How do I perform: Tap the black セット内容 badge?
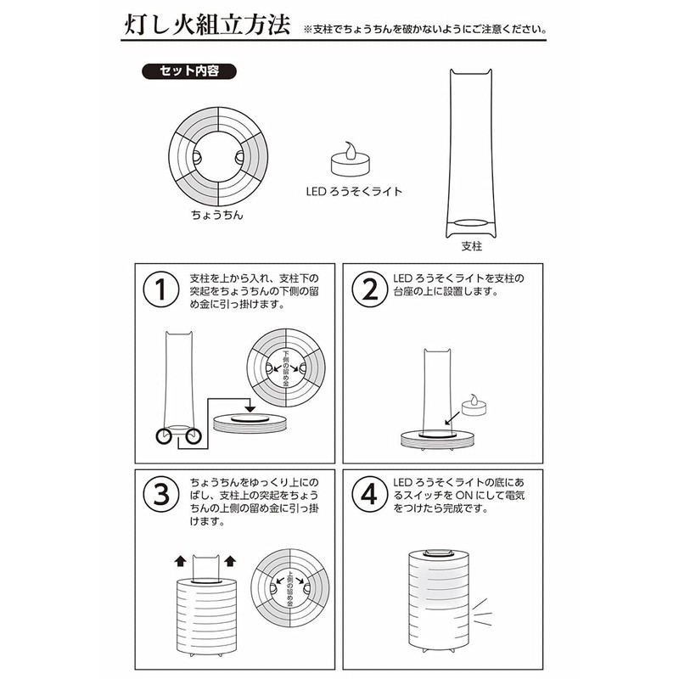click(x=188, y=71)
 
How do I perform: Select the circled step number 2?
click(x=369, y=289)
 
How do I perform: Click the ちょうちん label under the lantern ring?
click(x=217, y=216)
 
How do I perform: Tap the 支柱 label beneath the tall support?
click(x=472, y=249)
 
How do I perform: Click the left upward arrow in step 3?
click(x=179, y=560)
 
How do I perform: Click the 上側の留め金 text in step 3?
click(x=289, y=586)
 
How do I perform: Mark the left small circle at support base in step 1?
click(x=165, y=437)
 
